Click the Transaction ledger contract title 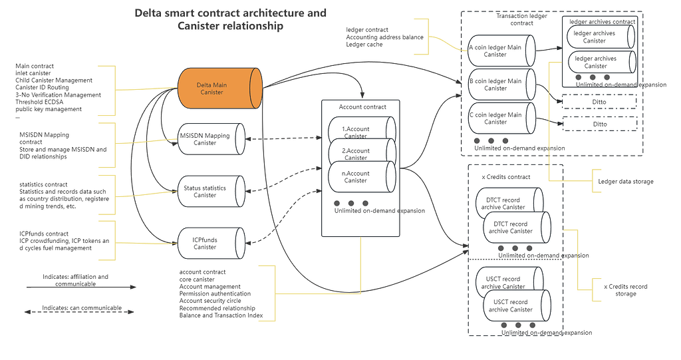coord(522,20)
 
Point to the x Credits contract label coord(505,177)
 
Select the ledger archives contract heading coord(603,22)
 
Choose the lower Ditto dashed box coord(599,124)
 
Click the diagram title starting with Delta coord(230,19)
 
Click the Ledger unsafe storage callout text coord(626,181)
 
